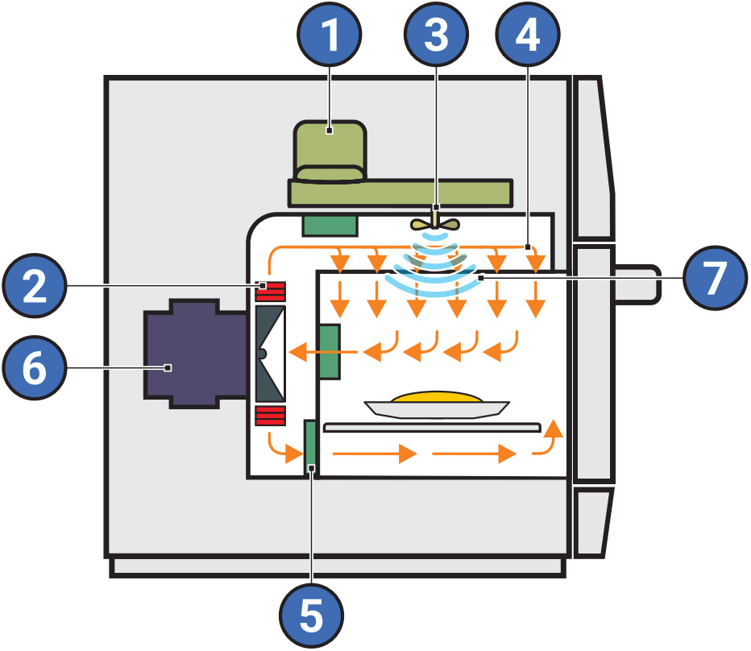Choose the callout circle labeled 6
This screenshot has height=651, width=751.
35,367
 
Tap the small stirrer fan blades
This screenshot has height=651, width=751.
435,224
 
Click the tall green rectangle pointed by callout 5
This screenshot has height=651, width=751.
309,446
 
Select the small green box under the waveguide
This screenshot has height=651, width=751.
329,226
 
